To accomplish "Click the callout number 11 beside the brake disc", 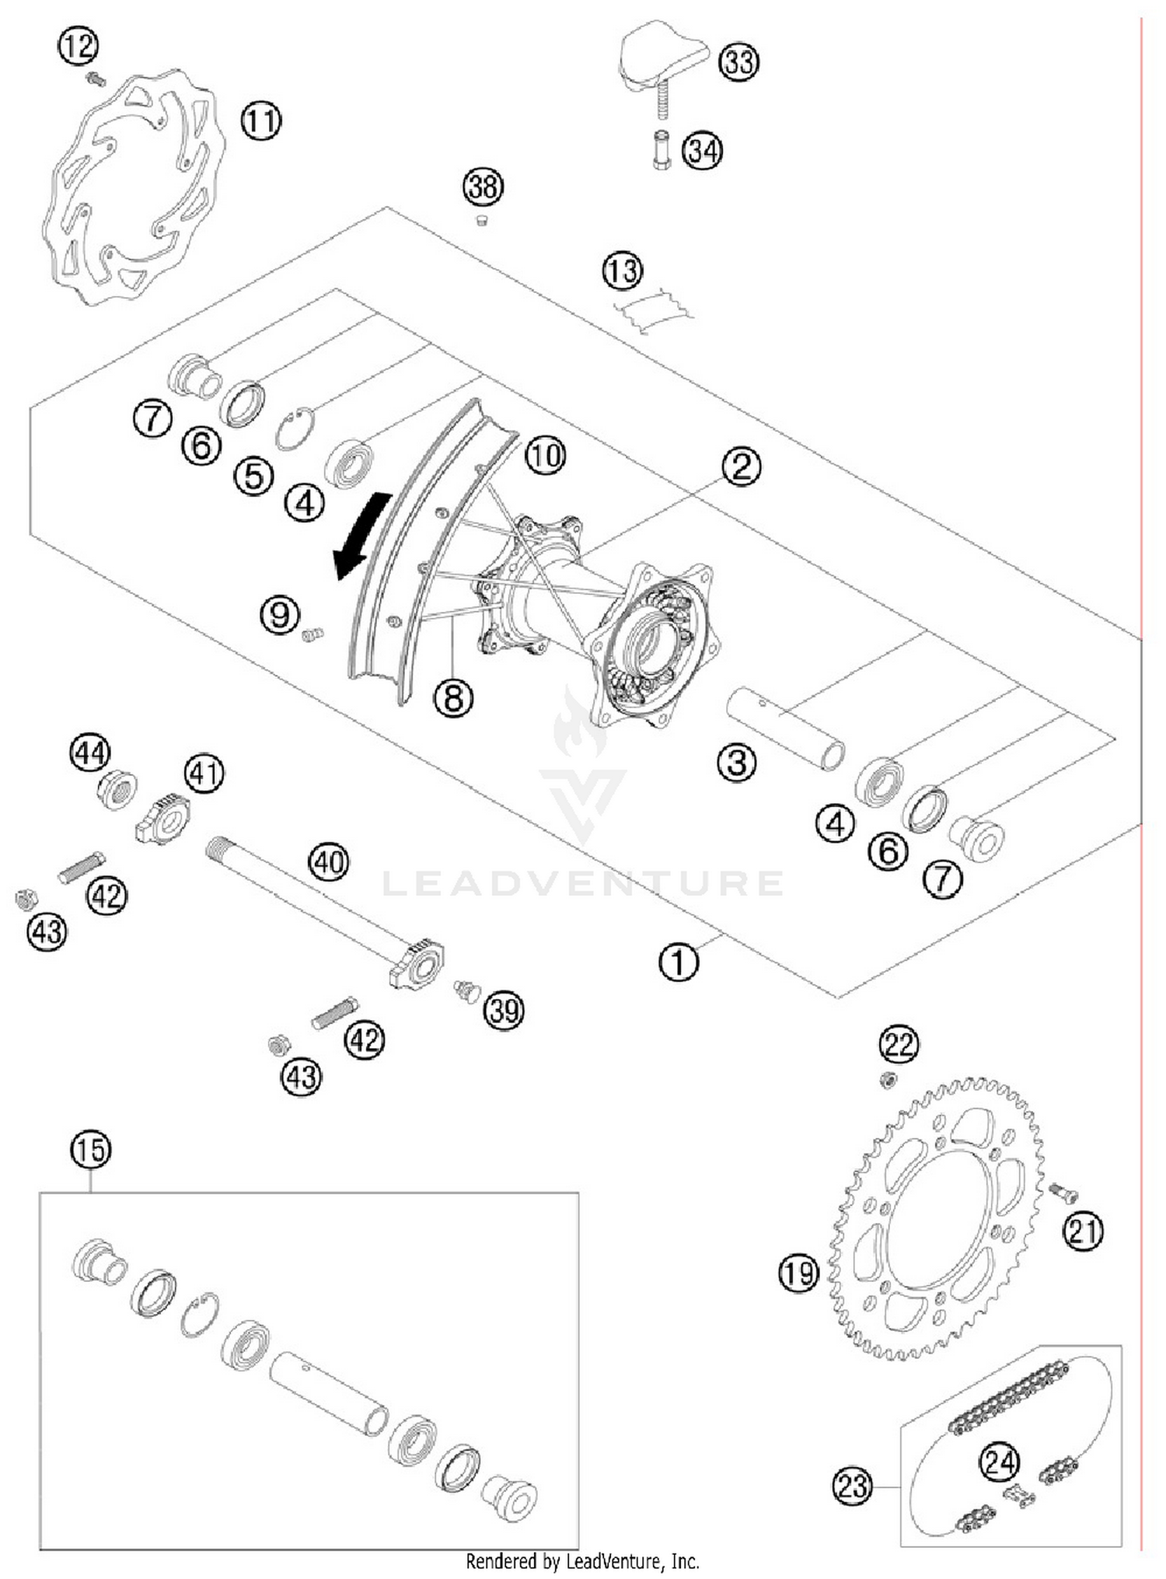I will point(260,121).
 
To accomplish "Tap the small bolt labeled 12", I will point(96,78).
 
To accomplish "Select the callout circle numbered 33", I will point(738,61).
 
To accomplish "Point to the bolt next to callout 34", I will point(662,151).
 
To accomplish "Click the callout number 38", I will point(483,187).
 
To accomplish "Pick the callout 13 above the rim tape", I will point(622,271).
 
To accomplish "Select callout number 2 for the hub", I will point(741,466).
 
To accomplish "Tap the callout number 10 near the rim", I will point(545,455).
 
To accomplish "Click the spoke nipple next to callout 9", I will point(312,634).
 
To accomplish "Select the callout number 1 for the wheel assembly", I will point(679,962).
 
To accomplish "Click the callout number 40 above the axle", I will point(329,863).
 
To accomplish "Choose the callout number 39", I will point(504,1010).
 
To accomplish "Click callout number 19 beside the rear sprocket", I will point(798,1273).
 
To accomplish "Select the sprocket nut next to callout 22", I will point(889,1080).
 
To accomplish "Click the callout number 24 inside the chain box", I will point(999,1462).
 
